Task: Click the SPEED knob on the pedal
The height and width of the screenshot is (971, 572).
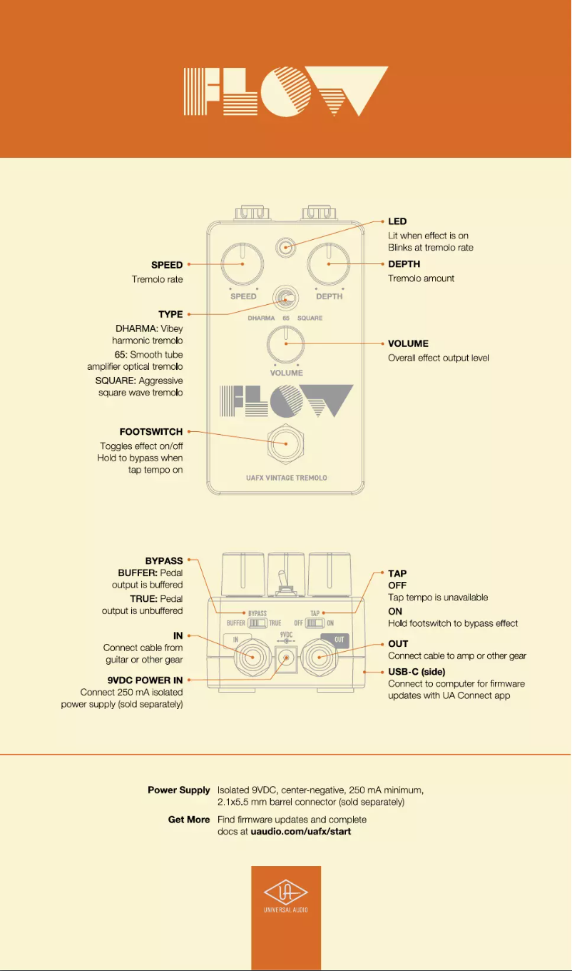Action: point(242,263)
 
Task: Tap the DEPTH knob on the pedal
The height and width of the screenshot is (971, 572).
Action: point(329,263)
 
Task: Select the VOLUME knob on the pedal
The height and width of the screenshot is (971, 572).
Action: point(286,343)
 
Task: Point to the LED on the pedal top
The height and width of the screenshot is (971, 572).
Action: point(285,248)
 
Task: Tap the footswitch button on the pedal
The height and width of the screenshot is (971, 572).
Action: point(286,443)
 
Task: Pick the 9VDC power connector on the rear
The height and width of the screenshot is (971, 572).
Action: point(286,659)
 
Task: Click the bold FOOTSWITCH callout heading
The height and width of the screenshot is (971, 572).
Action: point(151,432)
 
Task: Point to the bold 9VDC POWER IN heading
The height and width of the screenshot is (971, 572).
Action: point(145,680)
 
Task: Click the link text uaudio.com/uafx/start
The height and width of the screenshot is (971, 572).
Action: point(301,832)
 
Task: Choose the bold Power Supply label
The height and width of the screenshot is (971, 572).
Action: point(179,790)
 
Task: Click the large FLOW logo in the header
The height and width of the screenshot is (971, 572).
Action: point(286,91)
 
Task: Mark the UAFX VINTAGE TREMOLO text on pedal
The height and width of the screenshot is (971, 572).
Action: point(282,478)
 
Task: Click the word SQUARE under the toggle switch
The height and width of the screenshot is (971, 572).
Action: point(310,318)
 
